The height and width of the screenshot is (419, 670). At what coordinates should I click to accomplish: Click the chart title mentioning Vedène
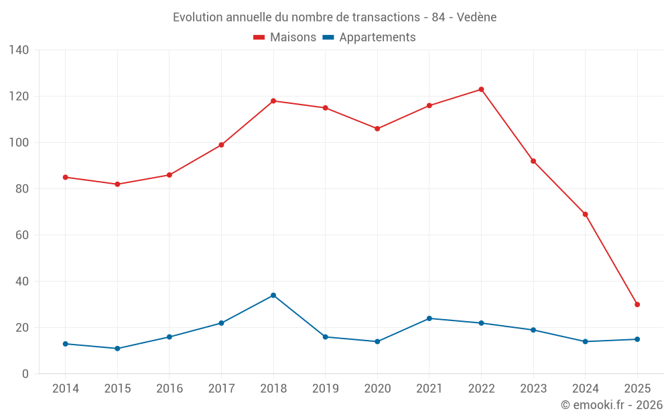coord(334,17)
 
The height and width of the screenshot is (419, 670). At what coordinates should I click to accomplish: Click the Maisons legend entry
coord(285,38)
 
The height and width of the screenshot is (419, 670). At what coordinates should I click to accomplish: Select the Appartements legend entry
coord(369,38)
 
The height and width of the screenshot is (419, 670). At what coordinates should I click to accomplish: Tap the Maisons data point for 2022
coord(481,89)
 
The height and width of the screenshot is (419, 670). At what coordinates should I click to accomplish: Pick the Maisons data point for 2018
coord(273,101)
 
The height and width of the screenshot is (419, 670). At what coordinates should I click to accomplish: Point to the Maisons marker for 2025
coord(637,304)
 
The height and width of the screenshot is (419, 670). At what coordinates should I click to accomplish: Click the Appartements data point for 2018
coord(273,295)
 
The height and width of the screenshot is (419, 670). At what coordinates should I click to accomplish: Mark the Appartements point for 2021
coord(429,318)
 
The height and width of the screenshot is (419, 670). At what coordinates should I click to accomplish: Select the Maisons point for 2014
coord(66,177)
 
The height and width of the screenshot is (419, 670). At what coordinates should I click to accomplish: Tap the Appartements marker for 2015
coord(117,349)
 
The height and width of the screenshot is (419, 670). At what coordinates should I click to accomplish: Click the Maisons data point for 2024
coord(585,215)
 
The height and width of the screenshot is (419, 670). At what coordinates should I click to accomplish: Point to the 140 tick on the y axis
coord(19,50)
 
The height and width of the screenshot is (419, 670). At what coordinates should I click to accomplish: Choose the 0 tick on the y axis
coord(25,374)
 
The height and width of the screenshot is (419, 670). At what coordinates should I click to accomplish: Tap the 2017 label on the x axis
coord(221,389)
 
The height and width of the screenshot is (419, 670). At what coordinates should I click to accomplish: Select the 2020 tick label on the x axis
coord(377,389)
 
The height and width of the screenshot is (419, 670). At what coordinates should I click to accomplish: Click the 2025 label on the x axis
coord(637,389)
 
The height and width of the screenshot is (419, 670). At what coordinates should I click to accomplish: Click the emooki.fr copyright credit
coord(612,405)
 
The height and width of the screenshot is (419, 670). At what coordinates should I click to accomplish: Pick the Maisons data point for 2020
coord(377,129)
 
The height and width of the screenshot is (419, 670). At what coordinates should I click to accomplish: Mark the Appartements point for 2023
coord(533,330)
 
